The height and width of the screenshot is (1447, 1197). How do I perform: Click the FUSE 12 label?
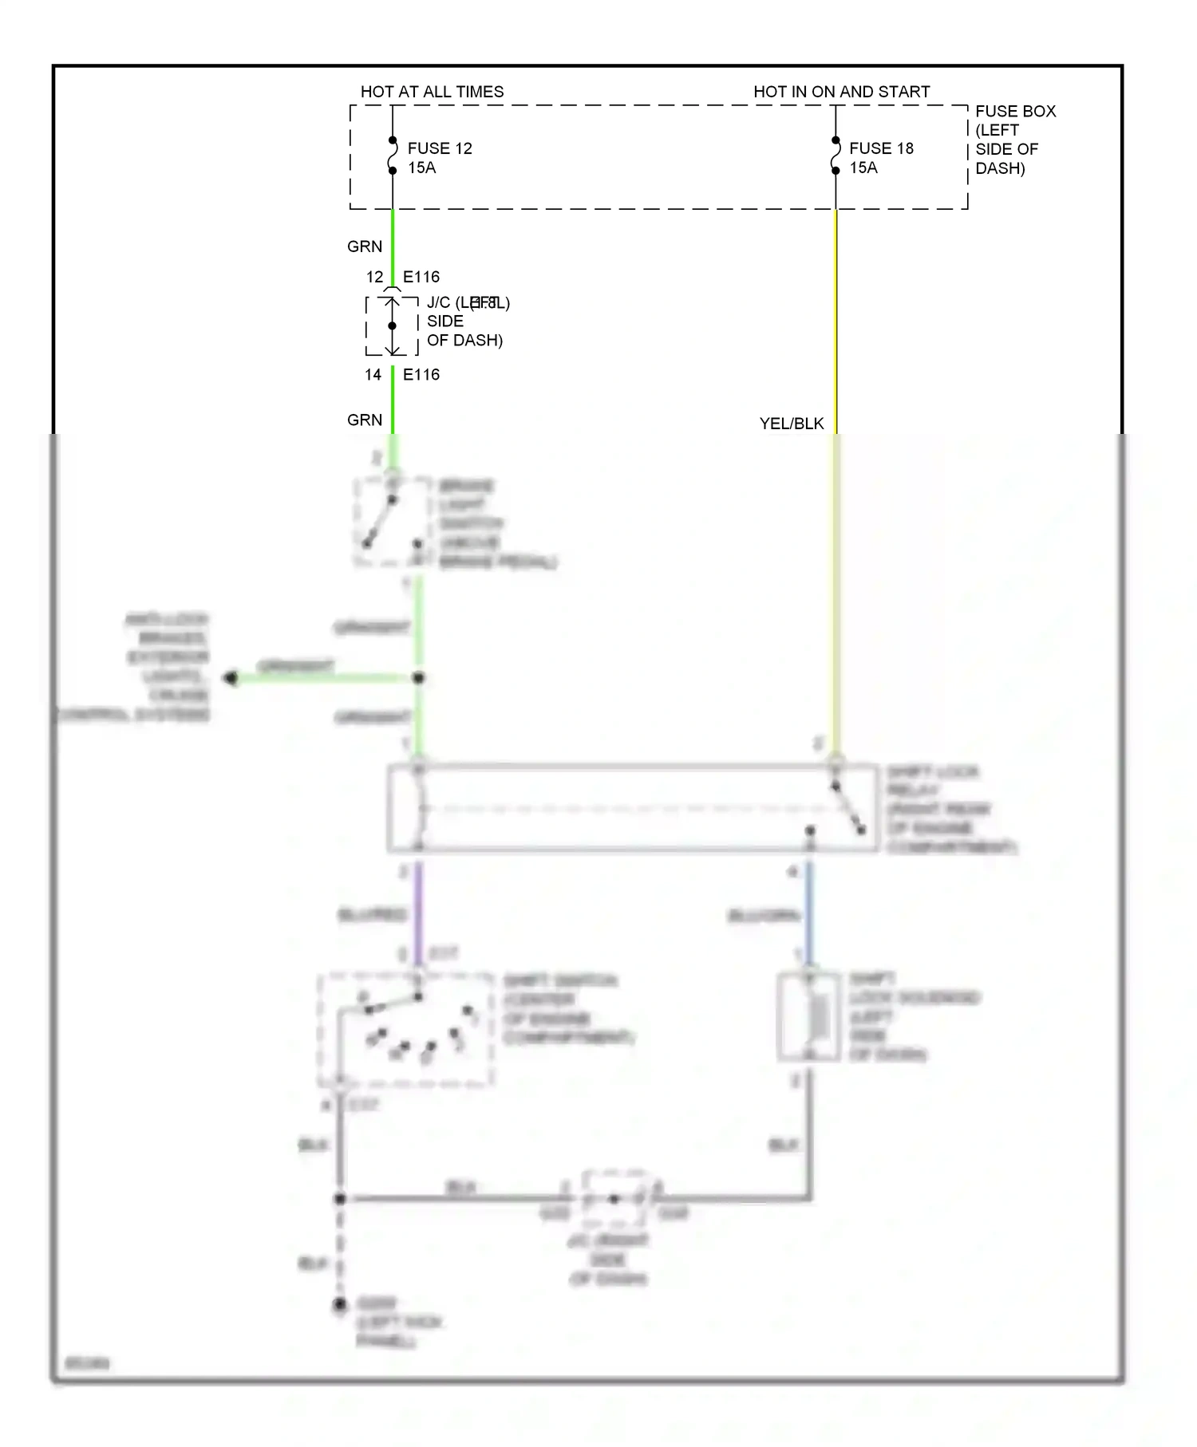[x=439, y=148]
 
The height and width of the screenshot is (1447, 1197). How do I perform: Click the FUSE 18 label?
[x=881, y=148]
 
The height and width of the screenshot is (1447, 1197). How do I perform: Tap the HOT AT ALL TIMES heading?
[x=432, y=92]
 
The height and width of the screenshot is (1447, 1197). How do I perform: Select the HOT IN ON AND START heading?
[x=841, y=92]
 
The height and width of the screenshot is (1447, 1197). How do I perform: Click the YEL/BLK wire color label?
[x=791, y=424]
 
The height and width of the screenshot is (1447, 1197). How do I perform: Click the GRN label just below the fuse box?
[x=365, y=246]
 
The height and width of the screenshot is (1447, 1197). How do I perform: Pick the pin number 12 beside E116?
[x=374, y=277]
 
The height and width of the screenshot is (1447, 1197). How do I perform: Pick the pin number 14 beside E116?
[x=373, y=375]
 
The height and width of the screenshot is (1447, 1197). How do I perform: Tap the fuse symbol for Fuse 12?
[x=393, y=156]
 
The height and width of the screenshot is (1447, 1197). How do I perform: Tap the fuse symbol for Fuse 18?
[x=836, y=156]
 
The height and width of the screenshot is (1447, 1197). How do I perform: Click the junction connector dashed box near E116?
[x=392, y=325]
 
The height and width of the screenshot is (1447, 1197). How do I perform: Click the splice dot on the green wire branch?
[x=418, y=678]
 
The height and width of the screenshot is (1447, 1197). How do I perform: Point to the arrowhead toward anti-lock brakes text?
[x=231, y=678]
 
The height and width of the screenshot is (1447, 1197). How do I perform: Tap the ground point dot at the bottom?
[x=340, y=1304]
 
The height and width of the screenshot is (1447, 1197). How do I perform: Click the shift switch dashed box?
[x=405, y=1029]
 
